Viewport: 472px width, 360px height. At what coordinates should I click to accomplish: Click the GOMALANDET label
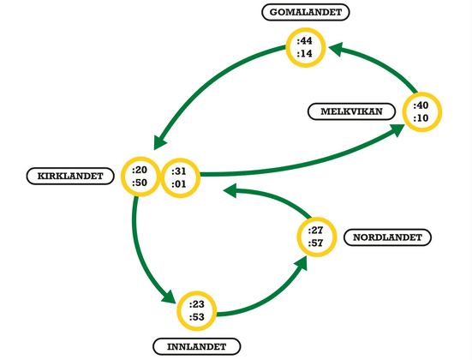tap(306, 12)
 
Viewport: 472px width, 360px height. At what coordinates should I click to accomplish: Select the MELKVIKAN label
tap(351, 111)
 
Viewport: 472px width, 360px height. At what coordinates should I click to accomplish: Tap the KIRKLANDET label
tap(70, 176)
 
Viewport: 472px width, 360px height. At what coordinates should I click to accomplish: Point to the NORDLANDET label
tap(388, 237)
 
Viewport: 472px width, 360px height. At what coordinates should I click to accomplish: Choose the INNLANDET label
tap(197, 347)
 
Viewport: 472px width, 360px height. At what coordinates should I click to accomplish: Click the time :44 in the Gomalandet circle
tap(305, 40)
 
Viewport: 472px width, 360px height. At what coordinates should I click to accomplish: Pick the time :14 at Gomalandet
tap(305, 54)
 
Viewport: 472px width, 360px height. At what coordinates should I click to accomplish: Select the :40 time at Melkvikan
tap(421, 105)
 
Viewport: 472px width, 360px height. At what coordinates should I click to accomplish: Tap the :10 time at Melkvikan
tap(421, 118)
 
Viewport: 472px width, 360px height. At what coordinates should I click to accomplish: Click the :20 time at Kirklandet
tap(140, 170)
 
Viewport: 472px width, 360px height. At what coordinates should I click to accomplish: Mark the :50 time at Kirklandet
tap(140, 183)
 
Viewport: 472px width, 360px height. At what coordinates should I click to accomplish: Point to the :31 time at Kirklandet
tap(179, 171)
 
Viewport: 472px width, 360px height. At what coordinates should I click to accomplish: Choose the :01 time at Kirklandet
tap(179, 183)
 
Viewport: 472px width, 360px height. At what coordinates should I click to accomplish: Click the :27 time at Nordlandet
tap(315, 231)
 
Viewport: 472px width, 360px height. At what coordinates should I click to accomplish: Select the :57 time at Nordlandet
tap(315, 243)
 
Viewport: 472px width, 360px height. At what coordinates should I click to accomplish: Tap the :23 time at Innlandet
tap(197, 304)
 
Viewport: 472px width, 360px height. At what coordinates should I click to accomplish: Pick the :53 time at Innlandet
tap(197, 317)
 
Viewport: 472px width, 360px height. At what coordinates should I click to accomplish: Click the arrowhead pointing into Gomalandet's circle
tap(336, 49)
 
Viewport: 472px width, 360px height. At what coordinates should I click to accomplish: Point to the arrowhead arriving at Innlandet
tap(169, 297)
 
